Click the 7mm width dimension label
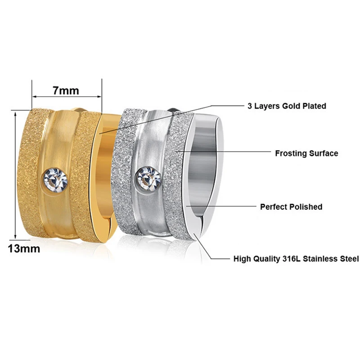coord(66,90)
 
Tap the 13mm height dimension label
coord(24,249)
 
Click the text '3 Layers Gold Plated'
coord(287,106)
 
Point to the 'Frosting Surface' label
coord(306,153)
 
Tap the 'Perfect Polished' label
coord(291,207)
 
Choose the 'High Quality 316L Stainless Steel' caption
coord(296,259)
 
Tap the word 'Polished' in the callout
coord(306,207)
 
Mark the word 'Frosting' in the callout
coord(291,153)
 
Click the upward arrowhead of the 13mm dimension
coord(15,114)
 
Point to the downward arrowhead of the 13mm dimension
coord(15,237)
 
